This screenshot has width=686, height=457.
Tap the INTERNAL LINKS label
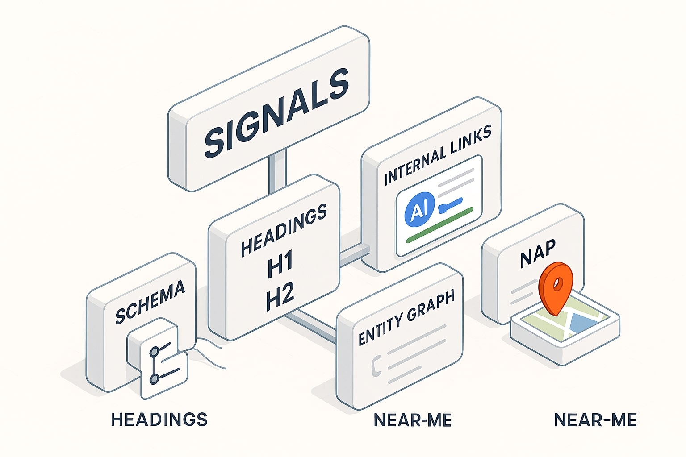tap(438, 154)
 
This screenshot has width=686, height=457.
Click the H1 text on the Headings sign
tap(280, 264)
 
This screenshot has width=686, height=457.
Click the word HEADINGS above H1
tap(284, 231)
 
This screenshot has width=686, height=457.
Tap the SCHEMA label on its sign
tap(150, 302)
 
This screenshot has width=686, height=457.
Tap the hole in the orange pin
tap(556, 283)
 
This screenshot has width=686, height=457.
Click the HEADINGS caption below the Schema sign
tap(159, 420)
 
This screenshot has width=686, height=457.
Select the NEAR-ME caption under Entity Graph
tap(412, 420)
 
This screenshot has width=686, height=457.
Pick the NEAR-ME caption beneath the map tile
tap(595, 420)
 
